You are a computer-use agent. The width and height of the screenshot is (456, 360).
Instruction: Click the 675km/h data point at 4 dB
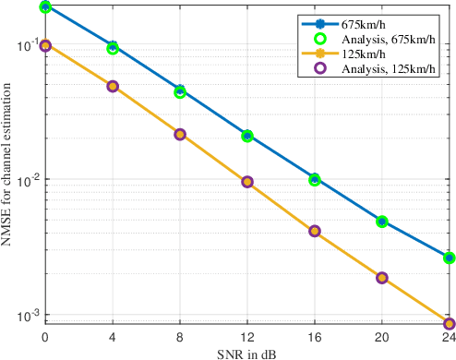[113, 47]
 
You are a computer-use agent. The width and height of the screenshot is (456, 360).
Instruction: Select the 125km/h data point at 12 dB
[247, 182]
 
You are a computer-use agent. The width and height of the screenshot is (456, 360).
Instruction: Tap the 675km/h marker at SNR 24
[450, 258]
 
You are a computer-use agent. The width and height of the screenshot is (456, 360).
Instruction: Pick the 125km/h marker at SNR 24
[450, 324]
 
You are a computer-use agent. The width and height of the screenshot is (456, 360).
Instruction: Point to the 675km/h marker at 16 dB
[315, 179]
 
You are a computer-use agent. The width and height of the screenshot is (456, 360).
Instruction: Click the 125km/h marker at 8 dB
[180, 134]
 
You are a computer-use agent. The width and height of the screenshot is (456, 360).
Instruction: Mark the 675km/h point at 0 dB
[45, 7]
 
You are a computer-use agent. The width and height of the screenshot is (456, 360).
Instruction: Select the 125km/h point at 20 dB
[382, 278]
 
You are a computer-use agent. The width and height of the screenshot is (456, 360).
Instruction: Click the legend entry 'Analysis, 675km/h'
[388, 39]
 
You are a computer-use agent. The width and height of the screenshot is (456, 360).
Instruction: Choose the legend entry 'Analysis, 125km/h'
[388, 68]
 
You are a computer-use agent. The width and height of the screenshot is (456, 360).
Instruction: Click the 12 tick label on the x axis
[247, 338]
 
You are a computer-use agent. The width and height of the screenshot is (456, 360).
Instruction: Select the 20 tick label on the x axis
[382, 338]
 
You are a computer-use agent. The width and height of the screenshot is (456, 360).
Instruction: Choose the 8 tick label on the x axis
[180, 338]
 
